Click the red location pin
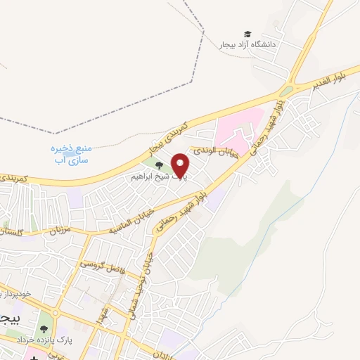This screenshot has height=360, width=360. [181, 165]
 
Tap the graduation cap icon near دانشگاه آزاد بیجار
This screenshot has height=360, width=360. [247, 34]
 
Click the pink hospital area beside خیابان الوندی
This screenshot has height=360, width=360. [236, 127]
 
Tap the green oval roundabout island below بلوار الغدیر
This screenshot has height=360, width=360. [285, 91]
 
